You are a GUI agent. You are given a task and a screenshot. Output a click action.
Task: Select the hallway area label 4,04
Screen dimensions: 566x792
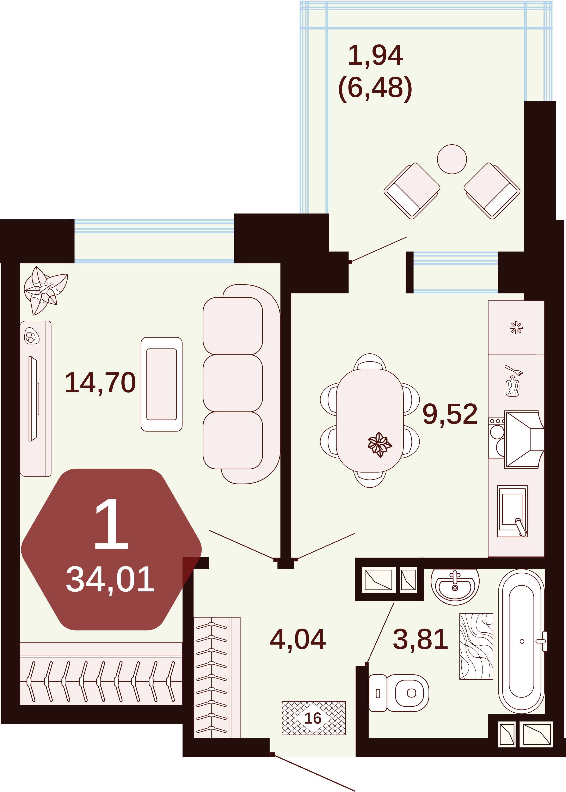(298, 639)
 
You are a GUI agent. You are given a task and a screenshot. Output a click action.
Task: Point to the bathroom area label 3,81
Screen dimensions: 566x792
(420, 639)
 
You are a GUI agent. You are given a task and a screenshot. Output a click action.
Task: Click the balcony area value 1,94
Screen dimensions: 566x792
(376, 55)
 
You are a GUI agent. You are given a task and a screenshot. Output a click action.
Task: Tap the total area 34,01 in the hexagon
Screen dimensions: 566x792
(110, 579)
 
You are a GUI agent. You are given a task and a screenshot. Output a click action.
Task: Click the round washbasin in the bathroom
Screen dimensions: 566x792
(455, 586)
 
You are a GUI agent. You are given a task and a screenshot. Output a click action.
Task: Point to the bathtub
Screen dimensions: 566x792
(521, 641)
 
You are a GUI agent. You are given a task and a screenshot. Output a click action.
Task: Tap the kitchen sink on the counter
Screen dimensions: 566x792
(512, 511)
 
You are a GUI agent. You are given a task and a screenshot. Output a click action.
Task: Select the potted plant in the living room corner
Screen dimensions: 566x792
(45, 290)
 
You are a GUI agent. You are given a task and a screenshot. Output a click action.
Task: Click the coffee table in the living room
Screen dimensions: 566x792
(162, 384)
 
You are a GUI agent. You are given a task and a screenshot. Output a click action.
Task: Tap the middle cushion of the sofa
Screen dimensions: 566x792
(233, 383)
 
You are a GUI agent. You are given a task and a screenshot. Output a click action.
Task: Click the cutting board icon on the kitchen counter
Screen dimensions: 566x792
(512, 386)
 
